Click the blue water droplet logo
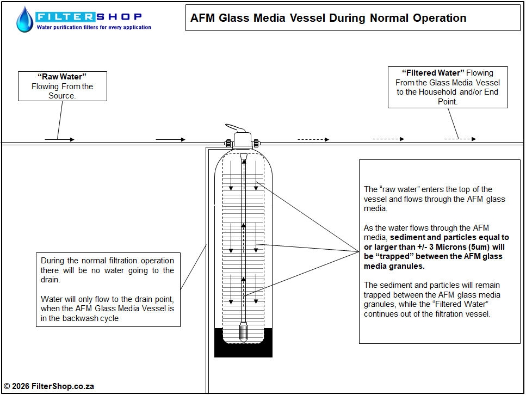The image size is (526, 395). click(x=24, y=20)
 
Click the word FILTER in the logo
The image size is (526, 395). click(x=65, y=16)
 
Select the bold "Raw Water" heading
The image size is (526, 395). click(x=62, y=77)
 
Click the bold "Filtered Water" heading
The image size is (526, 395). click(x=433, y=73)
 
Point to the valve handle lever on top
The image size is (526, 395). click(x=235, y=128)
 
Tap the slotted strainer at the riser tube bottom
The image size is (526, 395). click(x=243, y=332)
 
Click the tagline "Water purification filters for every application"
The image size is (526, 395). click(x=94, y=27)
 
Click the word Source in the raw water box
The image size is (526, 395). click(x=62, y=96)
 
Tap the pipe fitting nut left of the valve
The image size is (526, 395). click(x=228, y=143)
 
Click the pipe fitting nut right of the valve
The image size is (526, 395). click(x=256, y=143)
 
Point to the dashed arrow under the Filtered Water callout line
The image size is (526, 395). click(x=460, y=139)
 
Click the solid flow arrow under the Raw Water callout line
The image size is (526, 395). click(x=59, y=140)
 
